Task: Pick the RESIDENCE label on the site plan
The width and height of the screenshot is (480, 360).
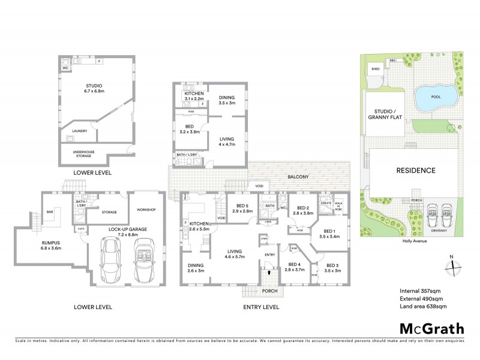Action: click(415, 170)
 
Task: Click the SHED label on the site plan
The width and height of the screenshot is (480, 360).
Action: click(376, 69)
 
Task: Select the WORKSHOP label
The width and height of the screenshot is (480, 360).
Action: click(146, 209)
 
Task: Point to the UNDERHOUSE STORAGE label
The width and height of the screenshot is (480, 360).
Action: click(84, 152)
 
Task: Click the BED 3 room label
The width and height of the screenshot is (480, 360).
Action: click(333, 268)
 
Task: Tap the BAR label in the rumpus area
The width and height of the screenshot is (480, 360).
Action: click(50, 211)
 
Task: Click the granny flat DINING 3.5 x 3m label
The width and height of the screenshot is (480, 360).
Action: click(226, 100)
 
